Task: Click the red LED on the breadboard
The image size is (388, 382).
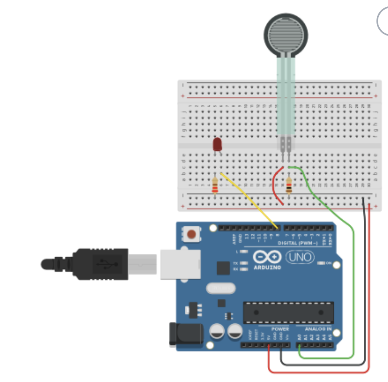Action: [x=217, y=144]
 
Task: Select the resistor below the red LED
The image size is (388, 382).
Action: [x=215, y=185]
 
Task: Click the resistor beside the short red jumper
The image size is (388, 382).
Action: [x=289, y=185]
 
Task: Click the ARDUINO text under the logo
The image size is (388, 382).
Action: [x=267, y=267]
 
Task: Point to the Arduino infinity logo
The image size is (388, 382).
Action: [x=267, y=257]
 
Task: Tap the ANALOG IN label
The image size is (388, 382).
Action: [x=318, y=329]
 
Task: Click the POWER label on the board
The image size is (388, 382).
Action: [x=280, y=329]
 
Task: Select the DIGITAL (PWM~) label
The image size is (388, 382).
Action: [x=298, y=243]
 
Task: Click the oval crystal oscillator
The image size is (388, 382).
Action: [x=221, y=288]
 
